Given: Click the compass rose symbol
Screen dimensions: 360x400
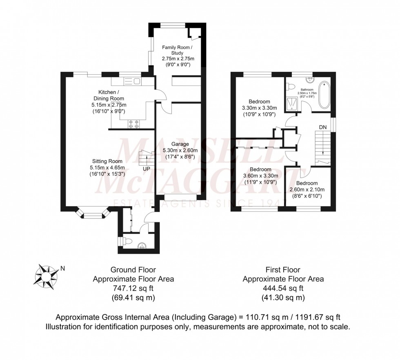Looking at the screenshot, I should pos(46,275).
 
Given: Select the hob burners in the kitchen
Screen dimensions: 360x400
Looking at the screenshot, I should pos(133,124).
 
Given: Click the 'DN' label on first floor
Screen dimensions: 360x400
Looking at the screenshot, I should pos(323,127).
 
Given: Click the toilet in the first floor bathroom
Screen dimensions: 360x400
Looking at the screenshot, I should pos(291,87).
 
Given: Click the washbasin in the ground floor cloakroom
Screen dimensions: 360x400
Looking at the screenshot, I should pos(142,245).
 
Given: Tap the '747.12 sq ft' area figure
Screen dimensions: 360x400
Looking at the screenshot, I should pos(133,288).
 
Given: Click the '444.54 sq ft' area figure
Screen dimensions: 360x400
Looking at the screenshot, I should pos(283,288).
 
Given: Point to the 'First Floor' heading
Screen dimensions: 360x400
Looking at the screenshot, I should pos(283,270).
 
